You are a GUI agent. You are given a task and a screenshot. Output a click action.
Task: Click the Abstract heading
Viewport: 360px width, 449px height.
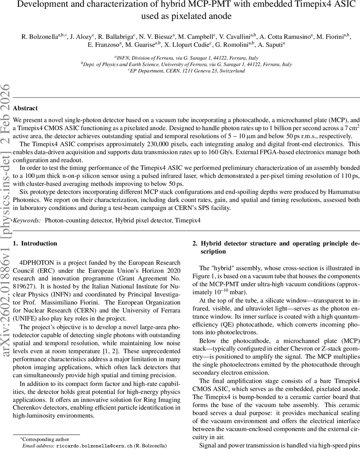click(x=25, y=109)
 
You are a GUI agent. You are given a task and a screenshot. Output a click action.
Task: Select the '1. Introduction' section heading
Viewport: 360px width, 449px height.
click(x=35, y=244)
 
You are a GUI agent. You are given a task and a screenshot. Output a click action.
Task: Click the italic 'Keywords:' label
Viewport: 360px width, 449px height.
click(x=27, y=221)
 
